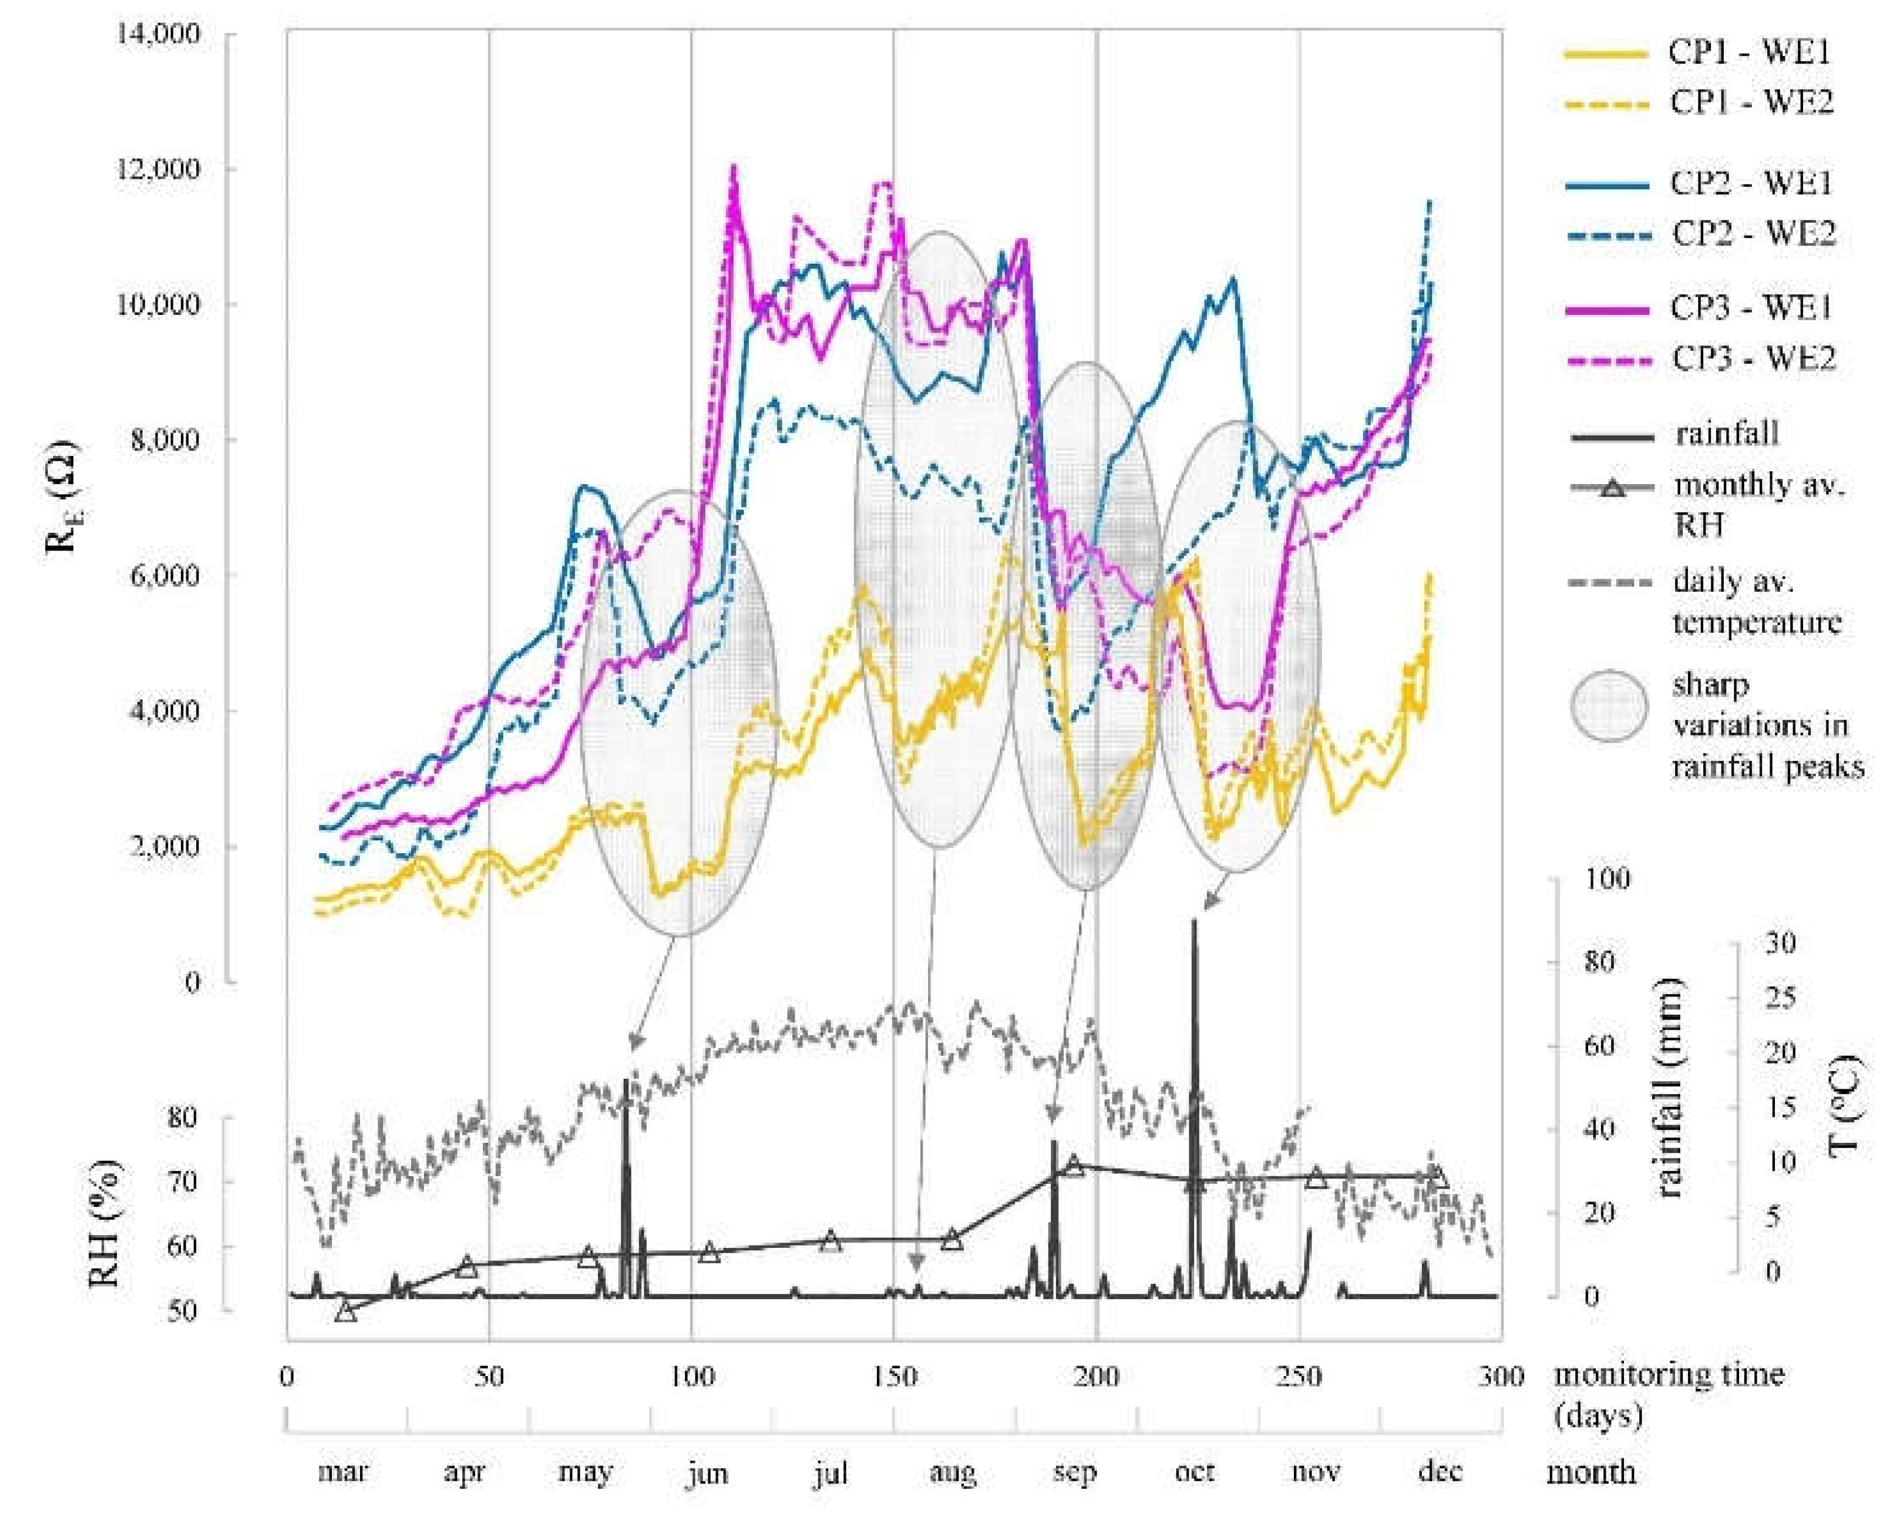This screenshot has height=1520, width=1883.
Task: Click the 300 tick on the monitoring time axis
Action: pyautogui.click(x=1501, y=1377)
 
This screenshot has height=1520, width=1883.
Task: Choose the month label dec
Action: pyautogui.click(x=1439, y=1474)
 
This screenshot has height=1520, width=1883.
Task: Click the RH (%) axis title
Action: pyautogui.click(x=105, y=1223)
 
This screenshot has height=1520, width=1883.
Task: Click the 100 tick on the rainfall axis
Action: pyautogui.click(x=1606, y=878)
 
